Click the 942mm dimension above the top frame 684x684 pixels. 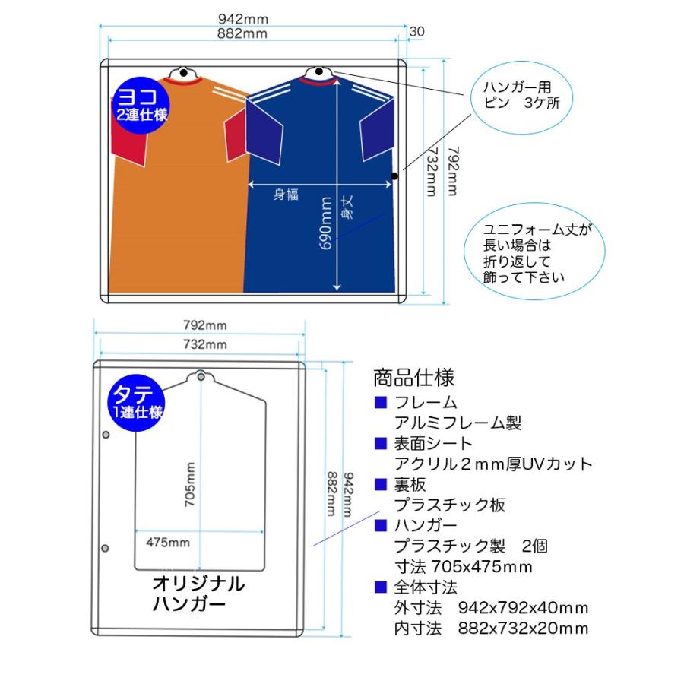point(243,19)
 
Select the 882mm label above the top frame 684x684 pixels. point(242,33)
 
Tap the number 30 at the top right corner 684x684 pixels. point(416,31)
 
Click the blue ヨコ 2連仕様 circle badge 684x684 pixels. point(141,106)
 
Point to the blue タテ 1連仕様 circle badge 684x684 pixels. point(137,403)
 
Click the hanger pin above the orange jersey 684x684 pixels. point(184,72)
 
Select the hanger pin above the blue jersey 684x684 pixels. point(319,71)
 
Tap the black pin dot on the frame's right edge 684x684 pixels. point(394,176)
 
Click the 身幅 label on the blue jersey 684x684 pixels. point(287,194)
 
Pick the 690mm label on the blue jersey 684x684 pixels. point(326,223)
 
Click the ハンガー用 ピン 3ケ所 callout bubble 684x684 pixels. point(521,97)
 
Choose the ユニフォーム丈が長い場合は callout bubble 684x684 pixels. point(534,252)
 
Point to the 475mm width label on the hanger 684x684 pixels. point(168,543)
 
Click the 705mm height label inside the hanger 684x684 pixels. point(190,484)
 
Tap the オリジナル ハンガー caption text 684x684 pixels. point(198,594)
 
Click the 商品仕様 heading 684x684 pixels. point(413,378)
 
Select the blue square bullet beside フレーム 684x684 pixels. point(381,402)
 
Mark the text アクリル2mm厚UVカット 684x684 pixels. point(493,464)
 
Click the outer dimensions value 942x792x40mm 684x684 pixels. point(523,608)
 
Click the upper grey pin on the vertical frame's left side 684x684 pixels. point(106,435)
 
